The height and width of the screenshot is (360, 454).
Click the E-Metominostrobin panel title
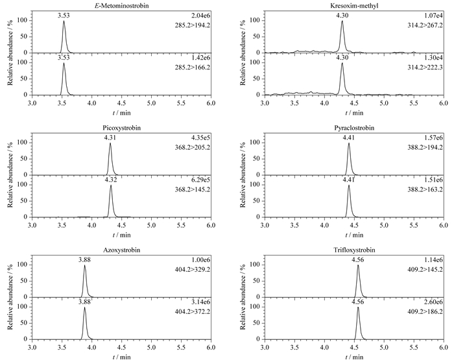[122, 5]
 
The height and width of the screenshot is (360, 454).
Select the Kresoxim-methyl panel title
[354, 5]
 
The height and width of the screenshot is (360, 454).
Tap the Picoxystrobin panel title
[122, 128]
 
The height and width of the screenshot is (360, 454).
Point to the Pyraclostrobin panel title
[354, 128]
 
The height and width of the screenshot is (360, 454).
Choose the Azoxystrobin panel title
[122, 250]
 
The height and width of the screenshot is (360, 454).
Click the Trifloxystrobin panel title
[354, 250]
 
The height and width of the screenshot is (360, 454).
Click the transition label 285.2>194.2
[193, 25]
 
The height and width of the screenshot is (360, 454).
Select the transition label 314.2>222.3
[425, 67]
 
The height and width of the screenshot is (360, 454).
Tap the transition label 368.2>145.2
[193, 189]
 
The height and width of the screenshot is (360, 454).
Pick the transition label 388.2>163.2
[425, 189]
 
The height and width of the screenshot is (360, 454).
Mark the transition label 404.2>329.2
[193, 270]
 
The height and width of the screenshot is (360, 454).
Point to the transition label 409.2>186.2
[425, 312]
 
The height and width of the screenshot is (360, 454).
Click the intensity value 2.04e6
[202, 16]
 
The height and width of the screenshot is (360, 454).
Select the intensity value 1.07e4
[435, 16]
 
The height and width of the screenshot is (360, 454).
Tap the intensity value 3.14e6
[202, 302]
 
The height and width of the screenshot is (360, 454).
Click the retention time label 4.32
[111, 180]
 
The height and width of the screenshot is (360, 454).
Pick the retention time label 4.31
[110, 138]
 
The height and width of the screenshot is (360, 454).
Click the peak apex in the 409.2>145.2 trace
[358, 265]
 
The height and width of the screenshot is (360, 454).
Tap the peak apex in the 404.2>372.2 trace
[84, 307]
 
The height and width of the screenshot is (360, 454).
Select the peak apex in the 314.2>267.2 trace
[342, 21]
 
